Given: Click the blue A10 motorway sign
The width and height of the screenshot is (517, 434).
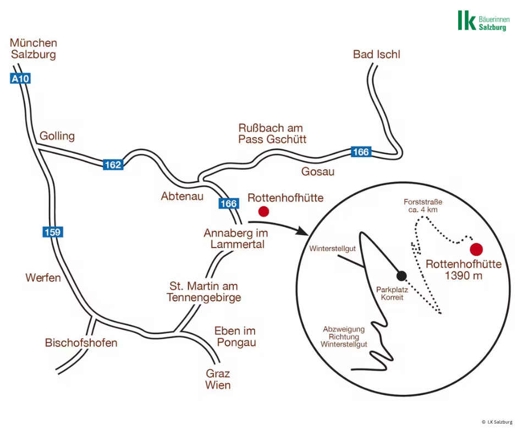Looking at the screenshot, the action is point(20,79).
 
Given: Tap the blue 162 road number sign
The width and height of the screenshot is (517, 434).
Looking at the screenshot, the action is point(113,165).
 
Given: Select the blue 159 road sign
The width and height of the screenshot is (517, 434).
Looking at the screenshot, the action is point(53,232).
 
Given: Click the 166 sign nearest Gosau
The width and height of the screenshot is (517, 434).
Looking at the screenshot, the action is point(361,151).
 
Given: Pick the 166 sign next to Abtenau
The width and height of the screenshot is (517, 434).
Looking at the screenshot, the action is point(229,203).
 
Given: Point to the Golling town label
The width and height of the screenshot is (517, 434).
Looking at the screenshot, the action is point(57,136).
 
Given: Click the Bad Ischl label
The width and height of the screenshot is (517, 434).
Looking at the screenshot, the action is point(377,54).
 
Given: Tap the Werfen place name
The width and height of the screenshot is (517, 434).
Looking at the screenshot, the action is point(43,278).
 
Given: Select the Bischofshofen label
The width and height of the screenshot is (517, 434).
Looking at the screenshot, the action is point(81,343).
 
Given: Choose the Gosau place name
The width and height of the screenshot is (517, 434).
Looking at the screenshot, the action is point(318,171).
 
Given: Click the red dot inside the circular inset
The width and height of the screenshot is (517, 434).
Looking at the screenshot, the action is point(476,249).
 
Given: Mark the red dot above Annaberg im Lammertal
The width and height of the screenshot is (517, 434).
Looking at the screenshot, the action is point(263,211).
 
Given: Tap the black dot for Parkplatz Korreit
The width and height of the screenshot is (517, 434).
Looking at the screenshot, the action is point(402,275).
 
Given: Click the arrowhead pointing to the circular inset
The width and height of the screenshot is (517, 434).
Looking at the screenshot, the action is point(302,231).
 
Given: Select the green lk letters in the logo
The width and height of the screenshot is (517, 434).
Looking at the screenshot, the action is point(467,20).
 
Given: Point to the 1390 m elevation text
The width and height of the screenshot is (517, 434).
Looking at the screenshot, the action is point(464,275).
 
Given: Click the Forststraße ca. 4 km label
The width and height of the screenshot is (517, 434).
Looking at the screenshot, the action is point(423,206).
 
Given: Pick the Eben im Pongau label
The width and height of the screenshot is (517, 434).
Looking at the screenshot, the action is point(235,337).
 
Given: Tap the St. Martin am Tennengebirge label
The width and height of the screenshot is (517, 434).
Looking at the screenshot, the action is point(204,292).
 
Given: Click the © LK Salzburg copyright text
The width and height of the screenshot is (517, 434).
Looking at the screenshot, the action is point(497,422).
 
